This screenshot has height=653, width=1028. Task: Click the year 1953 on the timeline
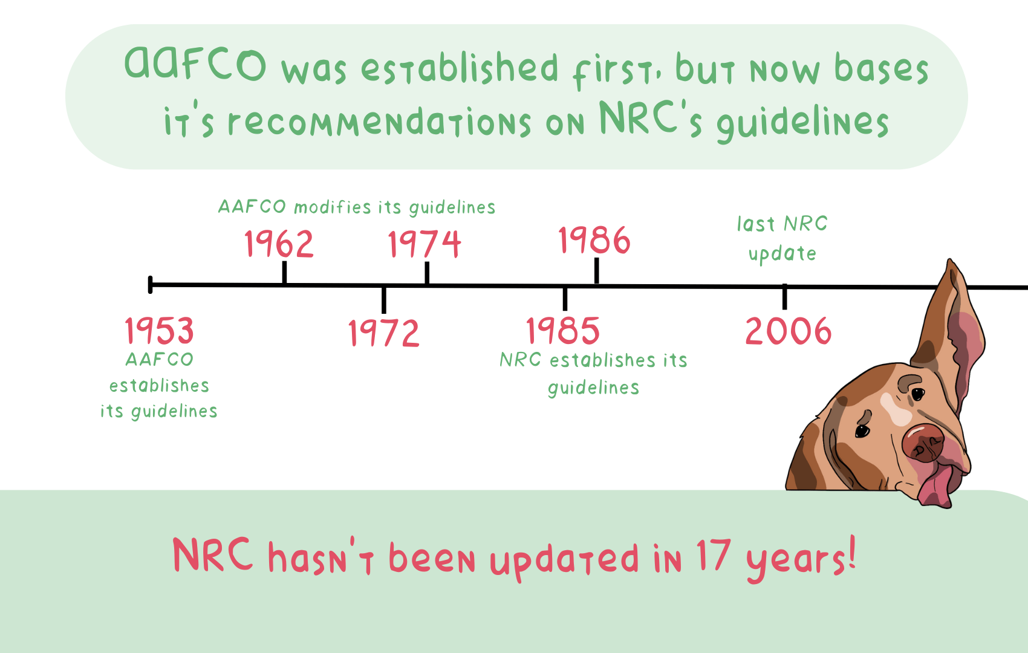point(159,331)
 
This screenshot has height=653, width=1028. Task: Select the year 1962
point(279,244)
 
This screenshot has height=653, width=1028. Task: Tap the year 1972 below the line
point(384,333)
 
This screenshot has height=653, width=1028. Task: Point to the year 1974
point(425,244)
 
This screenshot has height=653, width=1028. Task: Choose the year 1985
point(563,331)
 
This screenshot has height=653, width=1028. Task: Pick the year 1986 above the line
point(594,240)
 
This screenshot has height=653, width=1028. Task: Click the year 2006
point(788,331)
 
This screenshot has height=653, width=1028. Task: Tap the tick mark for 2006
point(784,296)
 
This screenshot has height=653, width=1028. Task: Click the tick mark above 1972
point(384,299)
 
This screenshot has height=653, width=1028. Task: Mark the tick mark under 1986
point(596,271)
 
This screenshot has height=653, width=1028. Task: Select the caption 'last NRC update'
point(782,238)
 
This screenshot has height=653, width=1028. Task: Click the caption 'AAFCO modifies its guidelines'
point(357,207)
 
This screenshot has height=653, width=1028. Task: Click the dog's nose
point(923,443)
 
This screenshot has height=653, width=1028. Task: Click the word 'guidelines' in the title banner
point(802,122)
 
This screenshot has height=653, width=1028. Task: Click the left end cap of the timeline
point(151,284)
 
